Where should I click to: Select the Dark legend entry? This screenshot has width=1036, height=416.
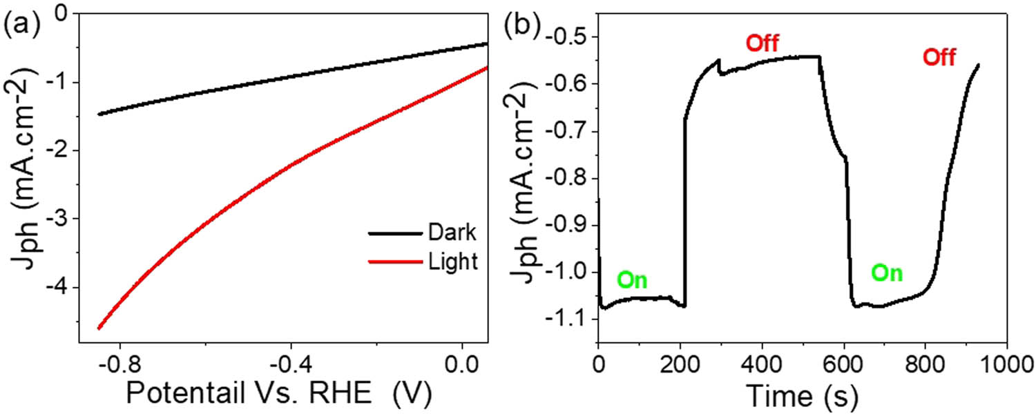(x=452, y=233)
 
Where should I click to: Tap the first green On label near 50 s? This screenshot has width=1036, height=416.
(x=633, y=280)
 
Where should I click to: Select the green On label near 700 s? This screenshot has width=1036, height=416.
(x=886, y=273)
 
